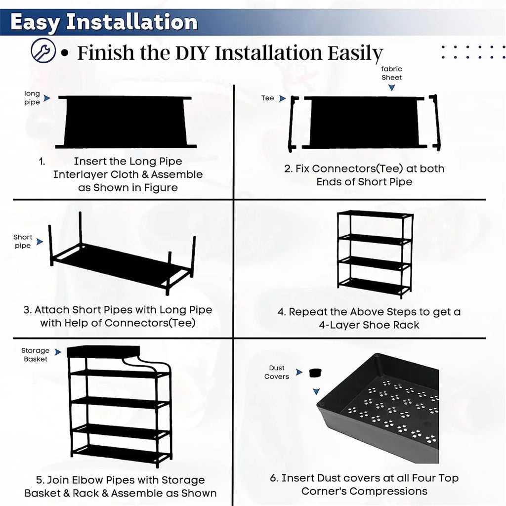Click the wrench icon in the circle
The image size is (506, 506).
click(x=43, y=50)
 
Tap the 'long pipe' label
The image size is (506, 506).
click(x=32, y=98)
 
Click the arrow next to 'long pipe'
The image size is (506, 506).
click(x=47, y=98)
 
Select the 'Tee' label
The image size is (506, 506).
click(x=267, y=98)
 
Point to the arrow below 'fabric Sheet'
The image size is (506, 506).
click(x=391, y=87)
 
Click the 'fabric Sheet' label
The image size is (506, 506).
click(x=391, y=73)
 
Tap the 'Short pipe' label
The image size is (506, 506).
click(x=23, y=241)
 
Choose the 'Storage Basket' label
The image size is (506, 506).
click(x=36, y=355)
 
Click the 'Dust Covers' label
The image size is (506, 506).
click(x=277, y=372)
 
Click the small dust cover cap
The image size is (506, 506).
click(x=315, y=373)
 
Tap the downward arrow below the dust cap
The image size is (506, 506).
click(x=316, y=391)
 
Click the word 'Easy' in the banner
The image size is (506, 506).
click(x=35, y=23)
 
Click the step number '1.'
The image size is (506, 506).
click(x=42, y=162)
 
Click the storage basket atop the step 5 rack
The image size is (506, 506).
click(x=103, y=351)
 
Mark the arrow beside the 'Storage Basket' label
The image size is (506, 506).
click(x=58, y=352)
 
